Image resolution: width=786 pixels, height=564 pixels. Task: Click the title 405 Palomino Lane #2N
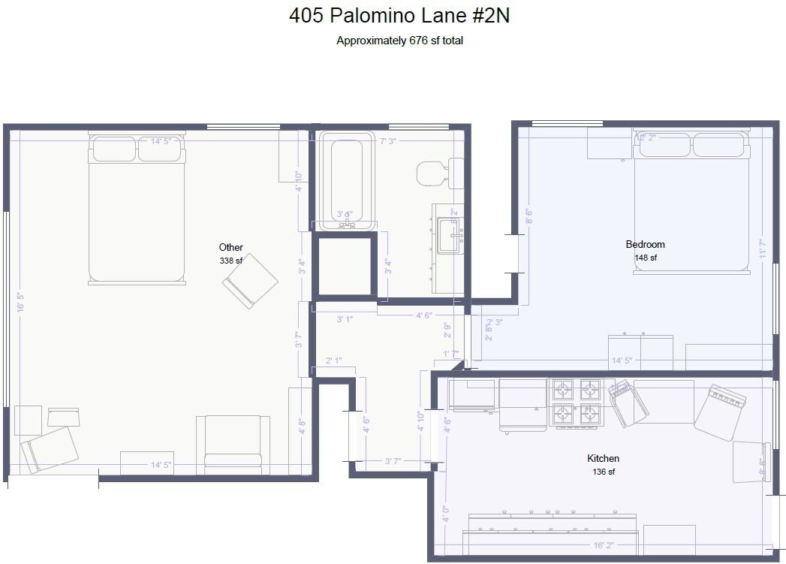(x=399, y=16)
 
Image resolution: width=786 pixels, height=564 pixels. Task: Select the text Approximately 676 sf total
(x=399, y=41)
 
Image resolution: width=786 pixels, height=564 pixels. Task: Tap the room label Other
(x=230, y=247)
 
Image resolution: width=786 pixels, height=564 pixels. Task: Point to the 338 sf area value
(x=230, y=261)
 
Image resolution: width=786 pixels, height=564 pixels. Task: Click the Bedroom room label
(x=645, y=244)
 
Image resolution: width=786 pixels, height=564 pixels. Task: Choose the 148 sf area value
(x=645, y=258)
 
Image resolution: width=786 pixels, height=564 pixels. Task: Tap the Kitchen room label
(x=603, y=458)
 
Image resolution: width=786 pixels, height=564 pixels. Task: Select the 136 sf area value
(x=603, y=472)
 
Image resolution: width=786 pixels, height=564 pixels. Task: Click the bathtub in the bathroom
(x=346, y=180)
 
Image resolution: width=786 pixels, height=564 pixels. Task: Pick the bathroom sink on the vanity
(x=450, y=235)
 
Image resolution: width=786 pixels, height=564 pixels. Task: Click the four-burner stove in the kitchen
(x=576, y=402)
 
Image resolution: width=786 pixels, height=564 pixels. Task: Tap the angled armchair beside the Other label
(x=250, y=281)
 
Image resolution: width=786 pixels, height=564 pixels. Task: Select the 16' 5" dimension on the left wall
(x=21, y=301)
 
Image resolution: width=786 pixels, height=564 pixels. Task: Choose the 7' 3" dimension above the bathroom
(x=389, y=141)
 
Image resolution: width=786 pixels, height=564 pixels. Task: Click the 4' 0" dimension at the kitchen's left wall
(x=445, y=514)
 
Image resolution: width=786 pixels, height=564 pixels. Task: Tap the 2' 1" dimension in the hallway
(x=333, y=361)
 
